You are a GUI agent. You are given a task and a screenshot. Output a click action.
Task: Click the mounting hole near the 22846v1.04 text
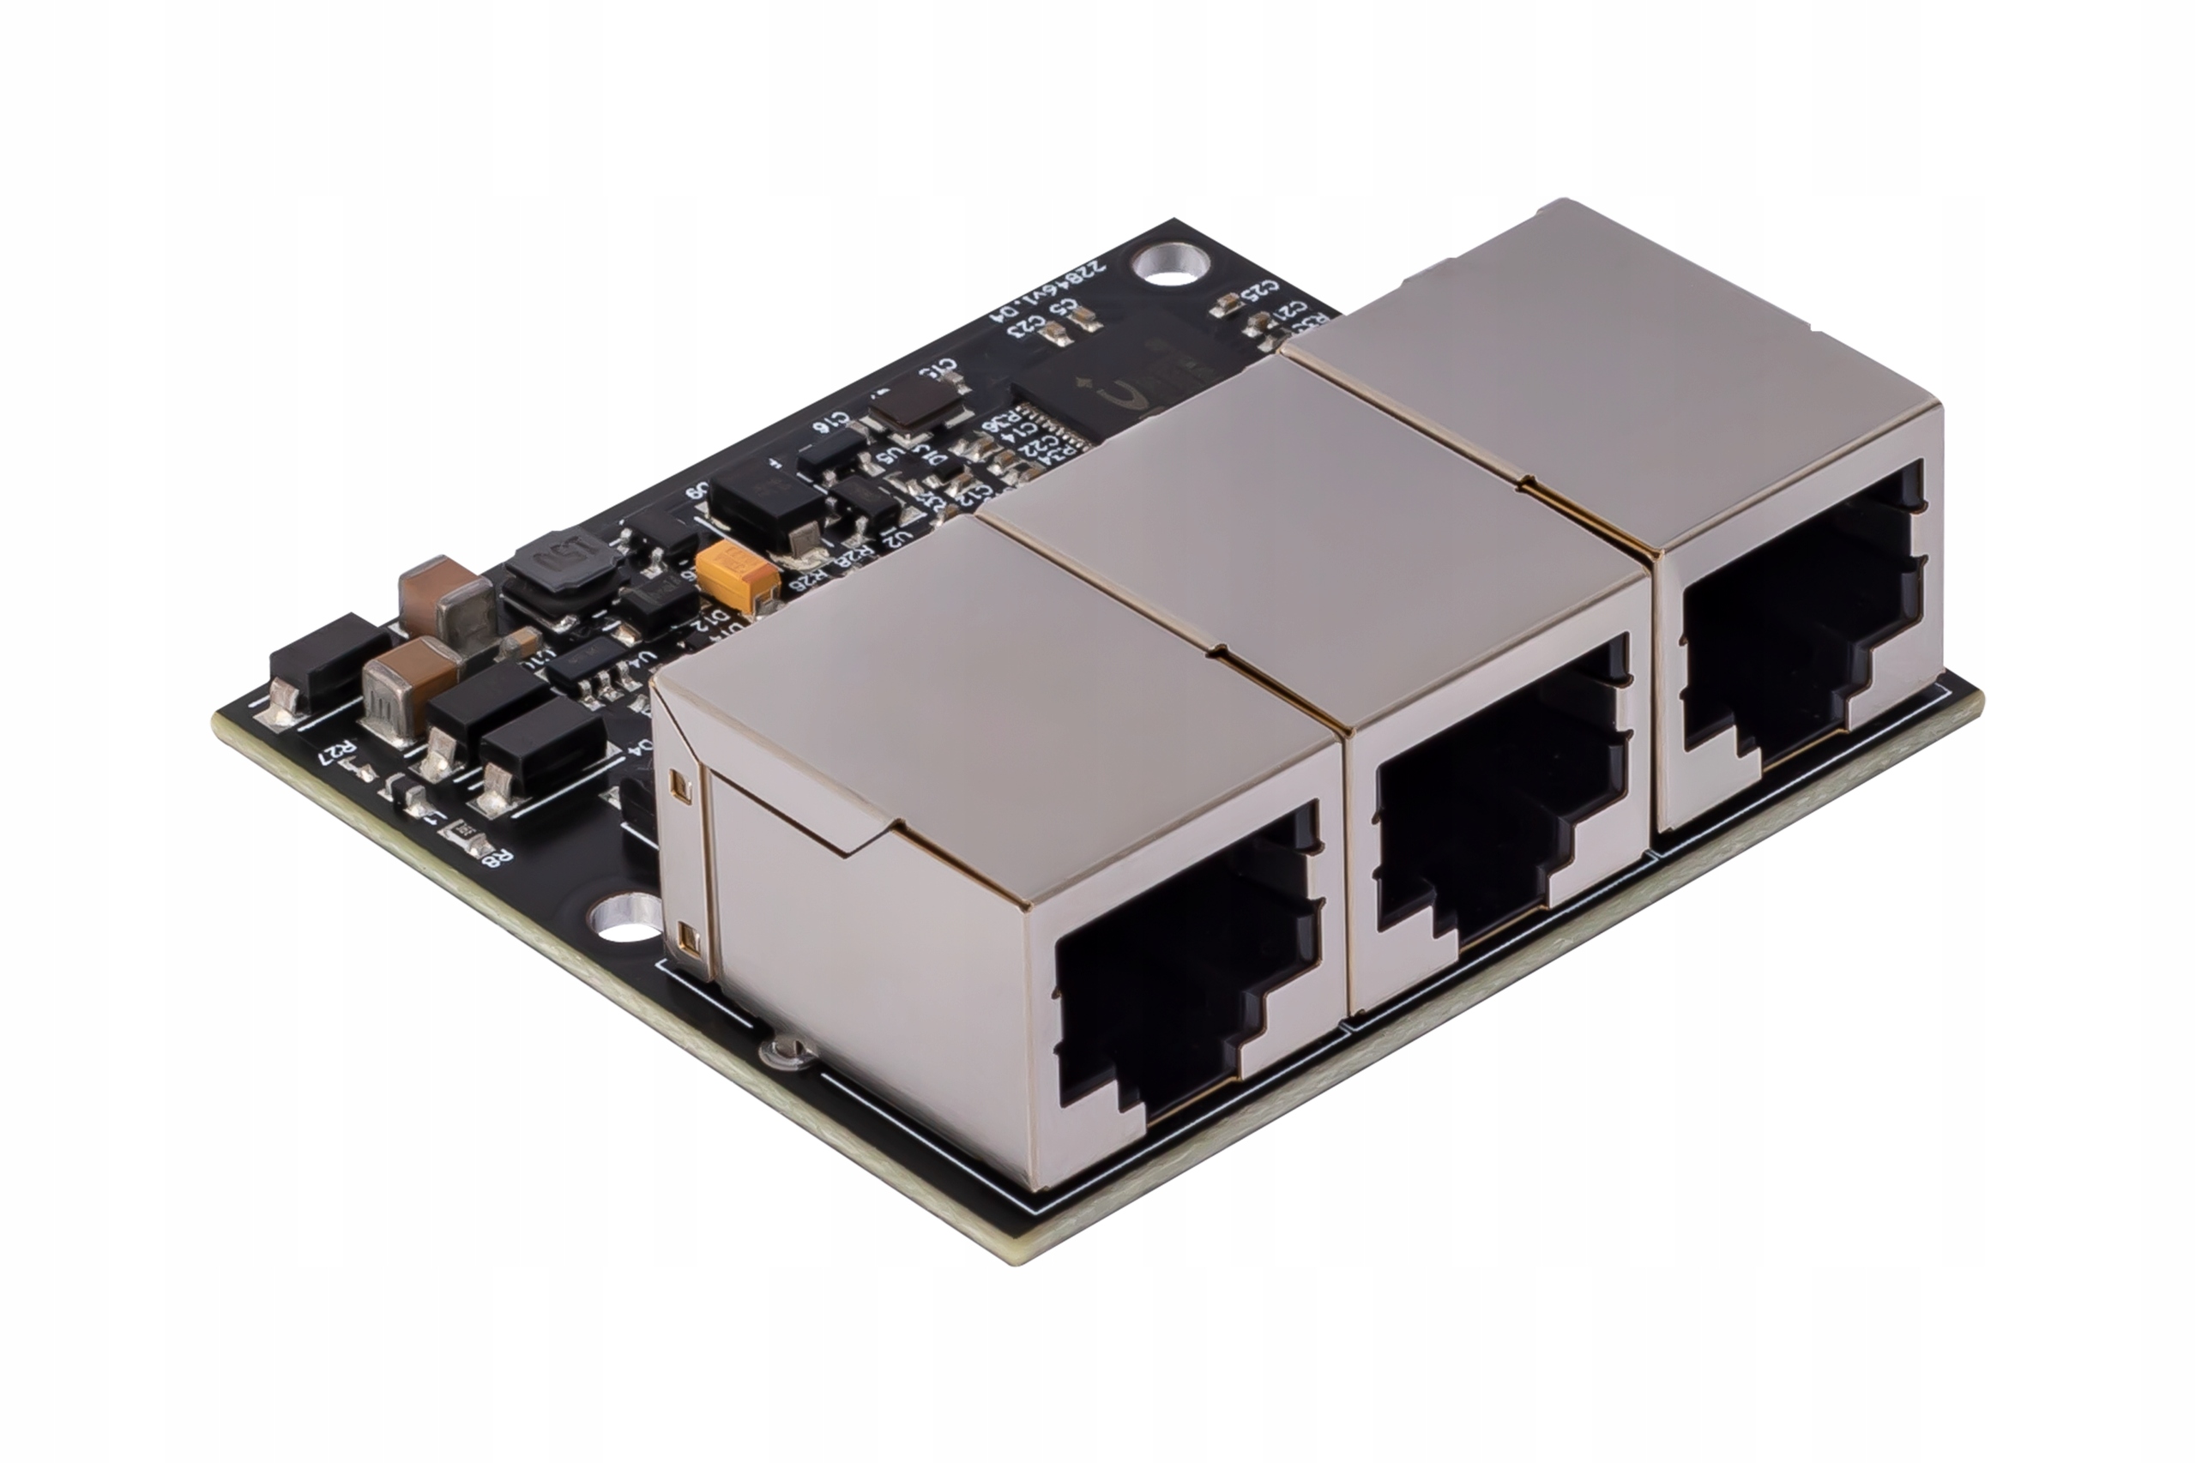[x=1166, y=264]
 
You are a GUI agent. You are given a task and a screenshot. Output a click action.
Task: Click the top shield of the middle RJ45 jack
[x=1306, y=522]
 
